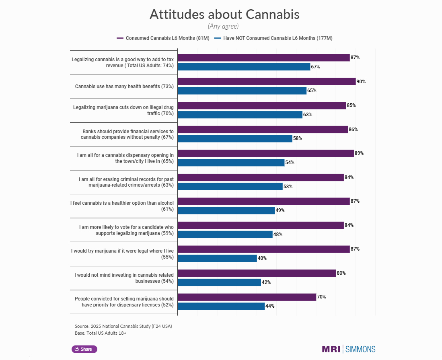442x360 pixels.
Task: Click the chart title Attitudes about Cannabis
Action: tap(224, 14)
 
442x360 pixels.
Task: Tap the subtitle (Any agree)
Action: tap(223, 26)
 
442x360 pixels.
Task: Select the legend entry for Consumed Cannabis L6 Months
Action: tap(163, 38)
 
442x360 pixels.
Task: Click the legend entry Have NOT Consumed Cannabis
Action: tap(273, 38)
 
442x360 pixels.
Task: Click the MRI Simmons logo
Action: tap(348, 349)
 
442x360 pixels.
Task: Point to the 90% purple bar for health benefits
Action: tap(266, 82)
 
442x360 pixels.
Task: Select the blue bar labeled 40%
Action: tap(217, 258)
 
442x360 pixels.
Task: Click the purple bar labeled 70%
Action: tap(247, 297)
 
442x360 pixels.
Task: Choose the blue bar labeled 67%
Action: tap(244, 67)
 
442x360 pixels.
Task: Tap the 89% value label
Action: tap(359, 153)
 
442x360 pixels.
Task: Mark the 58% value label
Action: tap(298, 138)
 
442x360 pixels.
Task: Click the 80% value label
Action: tap(341, 273)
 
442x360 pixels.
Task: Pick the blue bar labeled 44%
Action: tap(221, 306)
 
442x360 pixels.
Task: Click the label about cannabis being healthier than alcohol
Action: tap(122, 206)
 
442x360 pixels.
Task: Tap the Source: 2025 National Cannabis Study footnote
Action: tap(126, 326)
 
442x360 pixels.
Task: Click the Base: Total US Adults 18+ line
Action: tap(101, 333)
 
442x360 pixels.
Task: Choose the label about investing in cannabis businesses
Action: tap(124, 278)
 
